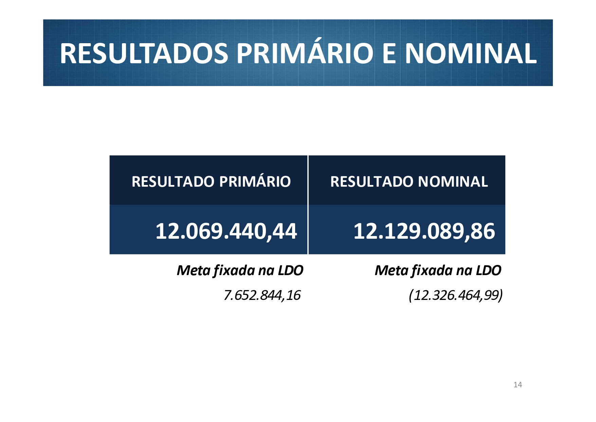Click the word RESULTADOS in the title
(144, 53)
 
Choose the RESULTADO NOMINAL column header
(409, 182)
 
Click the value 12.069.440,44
(226, 231)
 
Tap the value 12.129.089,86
(424, 231)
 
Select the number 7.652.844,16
(262, 295)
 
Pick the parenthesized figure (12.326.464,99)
(455, 295)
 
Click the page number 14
(518, 385)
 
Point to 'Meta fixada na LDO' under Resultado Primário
(240, 271)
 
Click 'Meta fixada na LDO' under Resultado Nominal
(438, 271)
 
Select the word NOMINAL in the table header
(453, 182)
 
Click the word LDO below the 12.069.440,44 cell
(290, 271)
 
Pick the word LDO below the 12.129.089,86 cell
(488, 271)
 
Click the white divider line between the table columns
(308, 205)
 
